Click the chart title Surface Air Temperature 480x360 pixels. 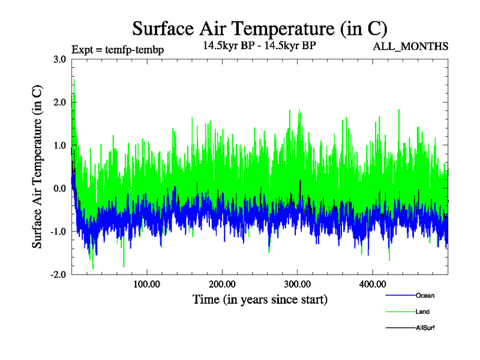[259, 28]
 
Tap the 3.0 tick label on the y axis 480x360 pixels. [59, 59]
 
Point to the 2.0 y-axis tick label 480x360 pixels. [59, 102]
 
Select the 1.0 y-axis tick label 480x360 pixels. [59, 145]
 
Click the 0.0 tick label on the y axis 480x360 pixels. [59, 188]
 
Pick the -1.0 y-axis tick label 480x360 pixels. [58, 232]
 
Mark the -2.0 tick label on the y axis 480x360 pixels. [58, 275]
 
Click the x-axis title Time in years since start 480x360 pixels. [260, 299]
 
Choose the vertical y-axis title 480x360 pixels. [37, 166]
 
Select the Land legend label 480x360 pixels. [422, 311]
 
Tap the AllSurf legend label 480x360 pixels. [425, 328]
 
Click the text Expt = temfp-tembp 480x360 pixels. [117, 49]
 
